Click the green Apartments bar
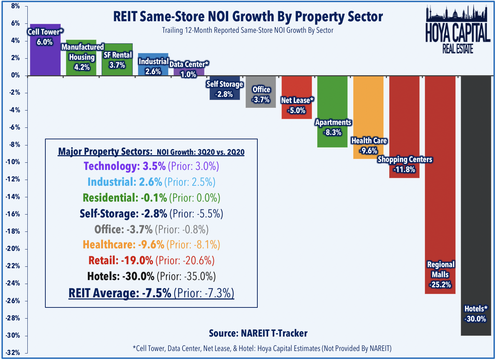coord(332,101)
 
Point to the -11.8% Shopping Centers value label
coord(405,170)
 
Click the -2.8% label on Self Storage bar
coord(224,94)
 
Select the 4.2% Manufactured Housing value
coord(82,67)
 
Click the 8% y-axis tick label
coord(15,6)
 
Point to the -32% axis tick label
coord(13,353)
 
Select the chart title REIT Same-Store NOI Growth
coord(248,17)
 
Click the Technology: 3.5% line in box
coord(151,166)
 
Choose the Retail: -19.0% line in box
coord(151,260)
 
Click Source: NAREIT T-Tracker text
coord(258,333)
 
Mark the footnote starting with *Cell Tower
coord(262,348)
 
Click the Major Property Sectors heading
coord(151,152)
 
